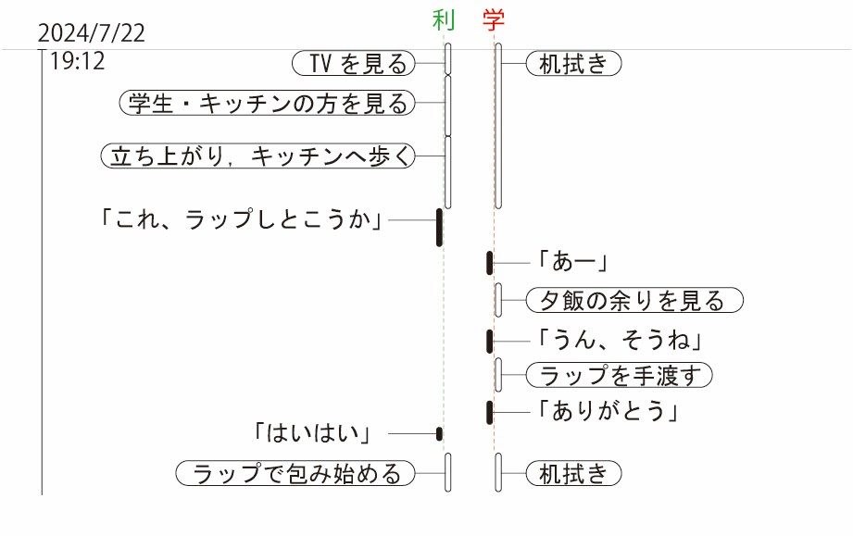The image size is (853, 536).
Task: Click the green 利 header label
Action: [x=444, y=19]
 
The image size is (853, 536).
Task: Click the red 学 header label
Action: [x=494, y=19]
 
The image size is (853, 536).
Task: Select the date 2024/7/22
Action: [x=92, y=34]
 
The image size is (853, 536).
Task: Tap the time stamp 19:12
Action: [x=78, y=62]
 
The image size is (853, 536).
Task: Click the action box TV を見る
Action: [x=353, y=63]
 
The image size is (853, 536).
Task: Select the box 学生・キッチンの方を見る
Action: [x=267, y=104]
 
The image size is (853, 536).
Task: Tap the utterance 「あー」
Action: [x=571, y=263]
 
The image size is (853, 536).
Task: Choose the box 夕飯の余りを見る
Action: [x=634, y=301]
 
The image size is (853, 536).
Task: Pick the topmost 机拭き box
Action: [x=573, y=63]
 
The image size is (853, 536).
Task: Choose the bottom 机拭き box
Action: [x=573, y=474]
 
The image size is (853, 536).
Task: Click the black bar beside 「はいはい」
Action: [x=439, y=433]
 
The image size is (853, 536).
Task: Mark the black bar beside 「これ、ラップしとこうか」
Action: [x=439, y=228]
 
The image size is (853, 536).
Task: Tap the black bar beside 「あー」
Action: [x=489, y=263]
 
